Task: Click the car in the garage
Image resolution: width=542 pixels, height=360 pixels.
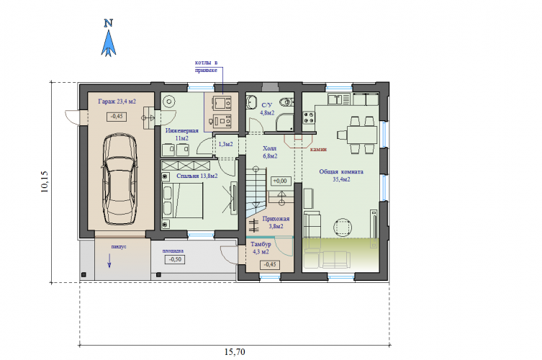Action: [119, 179]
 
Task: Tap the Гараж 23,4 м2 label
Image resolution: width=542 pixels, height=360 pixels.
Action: [117, 102]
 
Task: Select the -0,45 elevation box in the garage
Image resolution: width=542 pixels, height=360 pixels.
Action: [117, 116]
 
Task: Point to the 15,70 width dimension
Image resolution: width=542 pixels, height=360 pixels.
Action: [235, 352]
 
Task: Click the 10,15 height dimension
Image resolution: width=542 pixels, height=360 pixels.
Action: [45, 181]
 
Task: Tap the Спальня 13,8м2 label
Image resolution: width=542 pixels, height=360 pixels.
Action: [197, 176]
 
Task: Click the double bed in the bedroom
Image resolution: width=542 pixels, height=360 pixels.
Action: [183, 201]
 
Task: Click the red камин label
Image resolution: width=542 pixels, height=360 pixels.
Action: [318, 149]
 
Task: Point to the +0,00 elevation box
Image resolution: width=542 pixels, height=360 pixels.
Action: [280, 181]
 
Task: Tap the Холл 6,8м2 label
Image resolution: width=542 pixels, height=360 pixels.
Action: [270, 152]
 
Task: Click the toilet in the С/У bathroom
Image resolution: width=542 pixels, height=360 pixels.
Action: [286, 102]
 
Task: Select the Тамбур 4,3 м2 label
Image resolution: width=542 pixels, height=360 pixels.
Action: [261, 248]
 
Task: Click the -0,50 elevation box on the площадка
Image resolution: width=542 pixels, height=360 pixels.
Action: [175, 259]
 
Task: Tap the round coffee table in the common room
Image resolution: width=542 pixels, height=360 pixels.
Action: [343, 228]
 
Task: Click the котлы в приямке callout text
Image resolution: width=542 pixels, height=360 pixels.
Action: [207, 66]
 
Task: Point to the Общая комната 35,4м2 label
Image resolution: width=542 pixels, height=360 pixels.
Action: [341, 176]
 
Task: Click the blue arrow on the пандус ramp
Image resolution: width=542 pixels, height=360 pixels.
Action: [109, 261]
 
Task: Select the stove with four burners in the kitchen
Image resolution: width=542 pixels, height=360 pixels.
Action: [309, 117]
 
